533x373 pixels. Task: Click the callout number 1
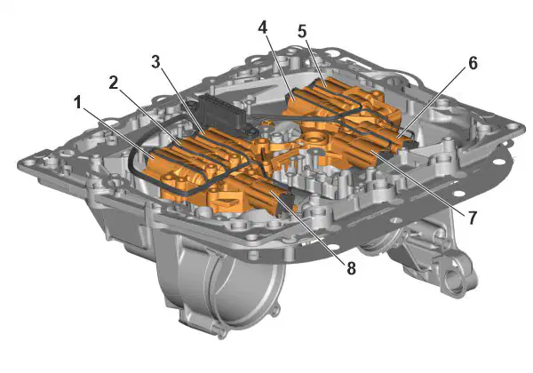click(x=78, y=102)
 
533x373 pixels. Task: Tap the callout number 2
click(x=114, y=83)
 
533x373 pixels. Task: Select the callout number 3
click(x=155, y=62)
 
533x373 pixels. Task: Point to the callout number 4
click(x=262, y=28)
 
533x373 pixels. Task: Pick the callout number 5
click(x=302, y=32)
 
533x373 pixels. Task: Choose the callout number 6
click(x=473, y=63)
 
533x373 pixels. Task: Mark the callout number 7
click(x=473, y=218)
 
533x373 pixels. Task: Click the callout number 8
click(x=351, y=268)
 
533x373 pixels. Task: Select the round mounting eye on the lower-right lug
click(x=454, y=279)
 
